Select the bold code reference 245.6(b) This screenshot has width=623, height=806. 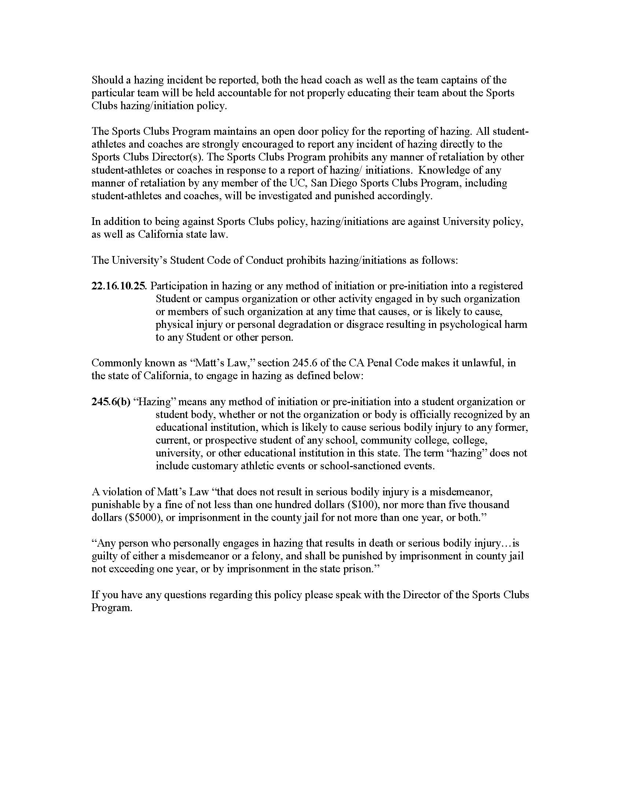pyautogui.click(x=111, y=402)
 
